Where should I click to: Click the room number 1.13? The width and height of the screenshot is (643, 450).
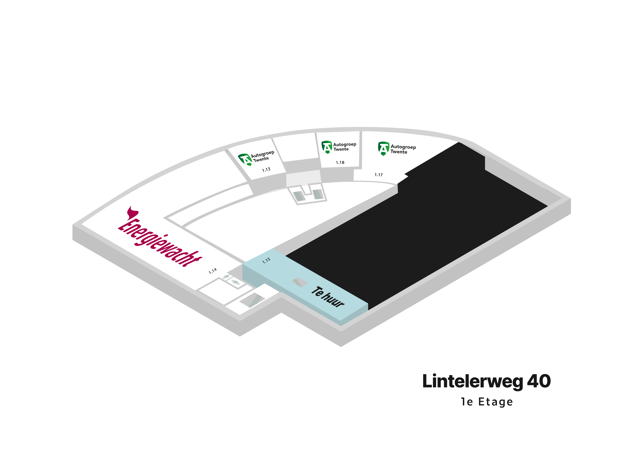[x=266, y=169]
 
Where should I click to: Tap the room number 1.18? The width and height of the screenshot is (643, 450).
[x=340, y=162]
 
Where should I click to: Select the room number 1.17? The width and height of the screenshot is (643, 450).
[x=379, y=175]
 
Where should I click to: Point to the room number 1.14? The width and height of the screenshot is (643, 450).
[x=213, y=271]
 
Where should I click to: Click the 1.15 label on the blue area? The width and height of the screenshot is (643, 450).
[x=266, y=260]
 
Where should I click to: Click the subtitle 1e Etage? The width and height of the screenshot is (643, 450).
[x=487, y=402]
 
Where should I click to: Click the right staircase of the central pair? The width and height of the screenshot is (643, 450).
[x=318, y=194]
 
